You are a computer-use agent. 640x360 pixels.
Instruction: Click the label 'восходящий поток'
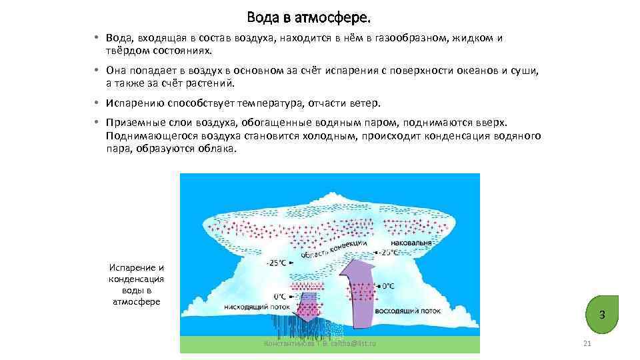point(409,311)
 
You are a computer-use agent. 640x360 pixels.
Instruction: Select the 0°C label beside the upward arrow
point(388,286)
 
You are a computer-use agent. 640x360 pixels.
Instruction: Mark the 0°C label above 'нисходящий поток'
point(280,296)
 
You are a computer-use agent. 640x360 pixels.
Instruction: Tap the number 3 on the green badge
point(601,314)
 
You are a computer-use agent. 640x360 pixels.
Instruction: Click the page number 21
point(587,343)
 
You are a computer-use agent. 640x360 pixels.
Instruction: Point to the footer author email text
point(320,343)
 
